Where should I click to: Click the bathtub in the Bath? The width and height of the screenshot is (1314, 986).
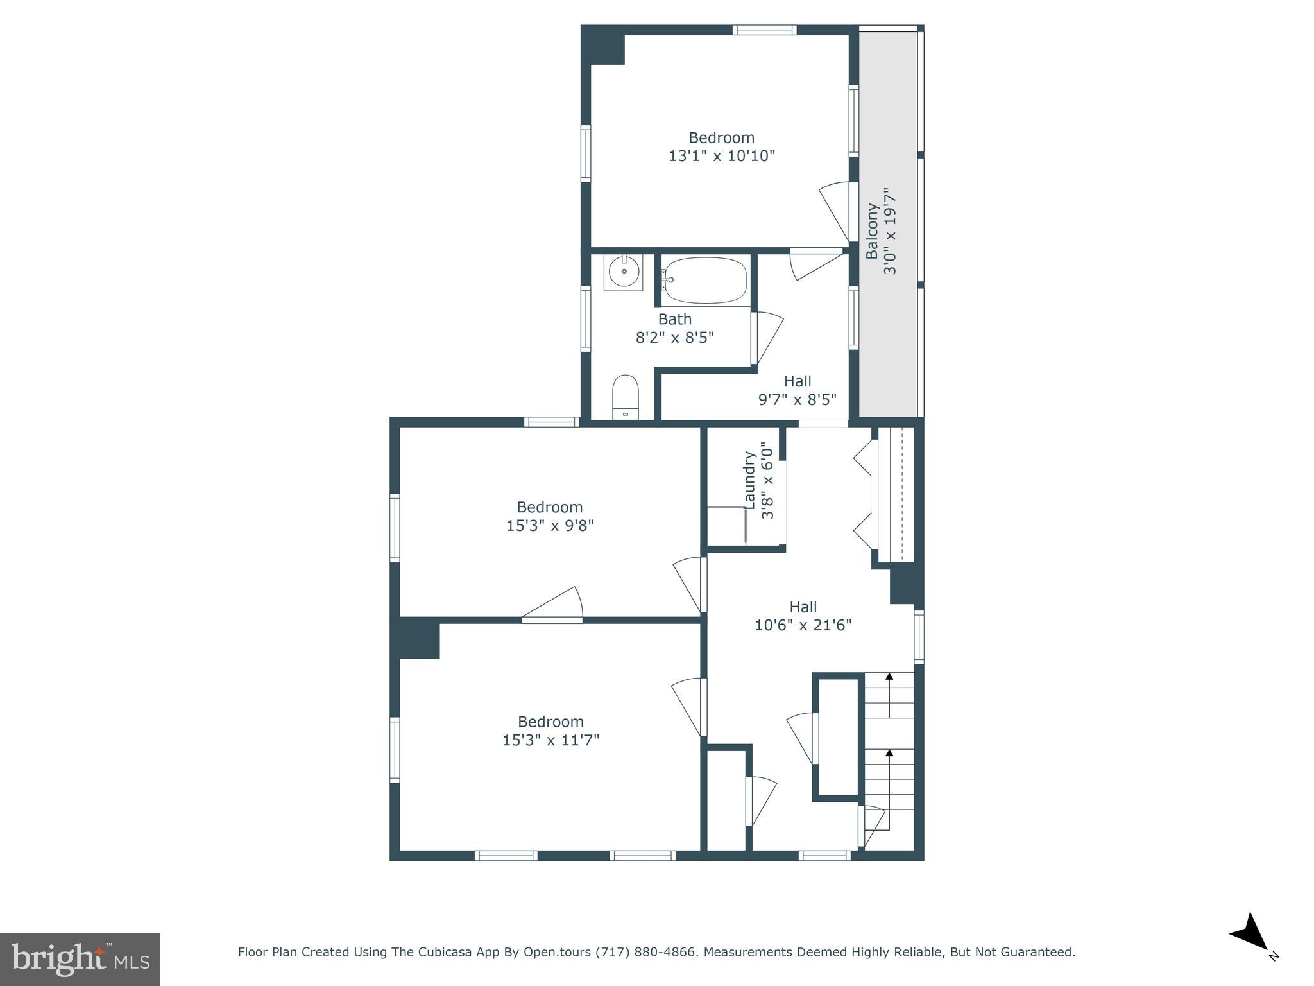tap(705, 281)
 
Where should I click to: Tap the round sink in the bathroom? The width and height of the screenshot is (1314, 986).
tap(623, 272)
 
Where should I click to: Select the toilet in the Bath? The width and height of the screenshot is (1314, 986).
tap(625, 397)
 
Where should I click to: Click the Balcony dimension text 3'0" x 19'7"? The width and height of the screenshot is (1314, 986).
tap(891, 232)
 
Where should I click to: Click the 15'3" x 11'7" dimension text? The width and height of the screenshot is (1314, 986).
tap(550, 740)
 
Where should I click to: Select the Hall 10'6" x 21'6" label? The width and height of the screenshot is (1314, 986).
tap(803, 616)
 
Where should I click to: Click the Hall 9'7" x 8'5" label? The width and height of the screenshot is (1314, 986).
tap(798, 390)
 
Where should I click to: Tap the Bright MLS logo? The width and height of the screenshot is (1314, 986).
tap(80, 960)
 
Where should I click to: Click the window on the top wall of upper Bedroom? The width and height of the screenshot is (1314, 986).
tap(764, 30)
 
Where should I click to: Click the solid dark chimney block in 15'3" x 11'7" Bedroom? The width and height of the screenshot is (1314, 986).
tap(419, 638)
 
